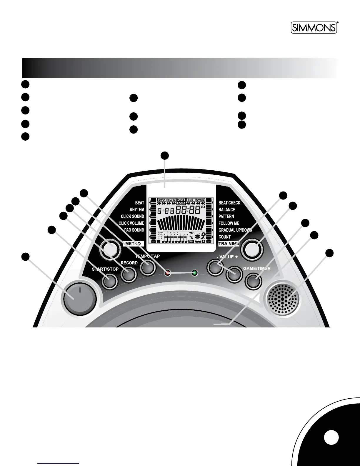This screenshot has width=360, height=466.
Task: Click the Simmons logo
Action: pyautogui.click(x=314, y=28)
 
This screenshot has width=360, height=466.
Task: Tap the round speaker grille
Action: pyautogui.click(x=282, y=299)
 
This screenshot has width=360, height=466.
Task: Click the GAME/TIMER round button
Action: pyautogui.click(x=254, y=281)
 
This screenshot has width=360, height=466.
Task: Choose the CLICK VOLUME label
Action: pyautogui.click(x=131, y=223)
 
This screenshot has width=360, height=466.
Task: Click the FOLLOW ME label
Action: pyautogui.click(x=229, y=223)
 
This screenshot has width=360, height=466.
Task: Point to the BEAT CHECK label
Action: pyautogui.click(x=229, y=203)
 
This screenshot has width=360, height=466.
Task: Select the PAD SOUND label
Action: pyautogui.click(x=134, y=230)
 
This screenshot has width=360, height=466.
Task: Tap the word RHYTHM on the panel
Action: pyautogui.click(x=137, y=210)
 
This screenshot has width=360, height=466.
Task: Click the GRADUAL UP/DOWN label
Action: pyautogui.click(x=235, y=230)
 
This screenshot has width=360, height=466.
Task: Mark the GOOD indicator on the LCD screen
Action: pyautogui.click(x=181, y=203)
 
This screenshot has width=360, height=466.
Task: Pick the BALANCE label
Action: pyautogui.click(x=227, y=210)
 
